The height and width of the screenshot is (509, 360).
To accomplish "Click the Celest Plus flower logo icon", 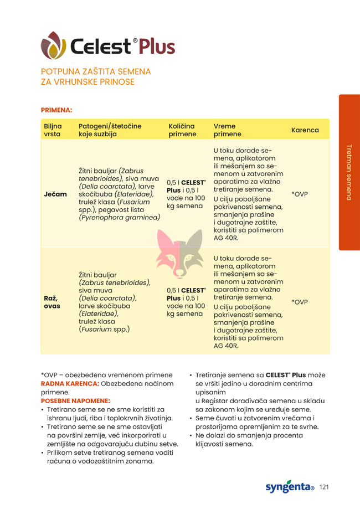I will [53, 45].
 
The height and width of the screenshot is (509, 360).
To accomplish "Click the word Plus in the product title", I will [157, 47].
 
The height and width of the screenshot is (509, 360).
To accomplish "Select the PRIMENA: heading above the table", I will [56, 110].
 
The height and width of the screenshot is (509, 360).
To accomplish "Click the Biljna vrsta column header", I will [53, 130].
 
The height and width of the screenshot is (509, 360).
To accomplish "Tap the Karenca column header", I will [305, 130].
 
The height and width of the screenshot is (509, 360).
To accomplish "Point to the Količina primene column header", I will [182, 130].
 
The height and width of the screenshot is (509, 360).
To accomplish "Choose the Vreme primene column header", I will [228, 130].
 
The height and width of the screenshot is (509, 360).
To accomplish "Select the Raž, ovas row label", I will [53, 302].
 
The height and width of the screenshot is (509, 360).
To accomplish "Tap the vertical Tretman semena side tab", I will [349, 172].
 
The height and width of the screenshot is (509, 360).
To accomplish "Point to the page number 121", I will [325, 487].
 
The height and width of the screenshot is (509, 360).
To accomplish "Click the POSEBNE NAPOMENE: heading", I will [75, 400].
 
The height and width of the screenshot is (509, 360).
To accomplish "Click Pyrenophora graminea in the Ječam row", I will [119, 217].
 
